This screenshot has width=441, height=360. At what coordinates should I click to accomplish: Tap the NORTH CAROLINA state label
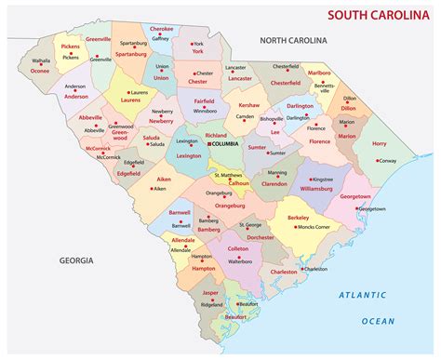(x=293, y=41)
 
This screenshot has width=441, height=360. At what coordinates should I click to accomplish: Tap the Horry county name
(x=380, y=143)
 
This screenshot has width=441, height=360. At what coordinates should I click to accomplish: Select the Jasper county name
(x=211, y=293)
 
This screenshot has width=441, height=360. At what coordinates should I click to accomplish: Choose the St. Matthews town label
(x=228, y=174)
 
